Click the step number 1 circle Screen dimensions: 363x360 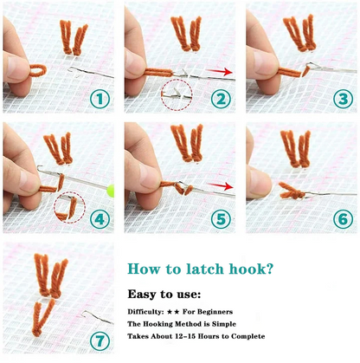100,99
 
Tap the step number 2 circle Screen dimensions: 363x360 222,99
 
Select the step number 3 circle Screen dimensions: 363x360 342,99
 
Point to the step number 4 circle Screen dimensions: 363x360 100,218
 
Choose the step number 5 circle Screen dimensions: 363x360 222,218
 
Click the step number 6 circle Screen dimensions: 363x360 342,218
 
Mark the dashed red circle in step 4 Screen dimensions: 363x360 67,208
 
